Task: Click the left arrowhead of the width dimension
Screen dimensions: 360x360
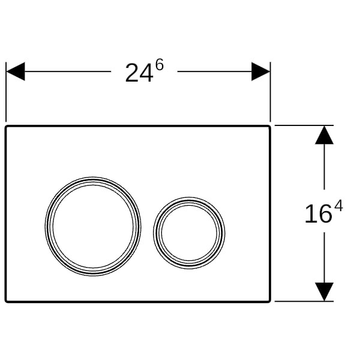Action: coord(16,71)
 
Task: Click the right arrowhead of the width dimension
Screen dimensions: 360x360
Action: coord(260,71)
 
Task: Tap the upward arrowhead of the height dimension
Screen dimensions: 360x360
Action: coord(324,135)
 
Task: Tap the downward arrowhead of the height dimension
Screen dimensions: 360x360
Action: coord(324,292)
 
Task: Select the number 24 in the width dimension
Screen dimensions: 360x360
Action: coord(139,73)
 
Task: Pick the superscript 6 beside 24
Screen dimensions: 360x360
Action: coord(160,65)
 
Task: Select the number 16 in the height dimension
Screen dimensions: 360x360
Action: coord(319,214)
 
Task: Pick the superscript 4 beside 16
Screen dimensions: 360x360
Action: coord(338,206)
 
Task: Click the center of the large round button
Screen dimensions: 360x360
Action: coord(93,226)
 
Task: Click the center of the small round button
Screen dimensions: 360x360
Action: coord(189,233)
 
